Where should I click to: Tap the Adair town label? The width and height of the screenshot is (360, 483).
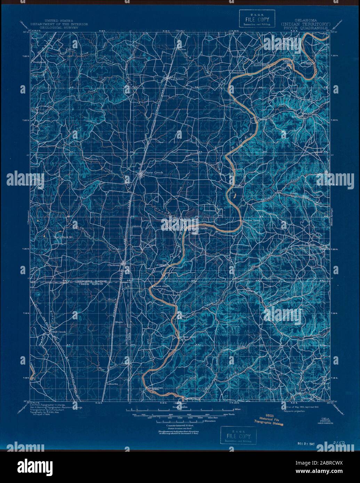pyautogui.click(x=180, y=79)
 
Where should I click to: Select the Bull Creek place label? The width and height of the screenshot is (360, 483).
pyautogui.click(x=58, y=332)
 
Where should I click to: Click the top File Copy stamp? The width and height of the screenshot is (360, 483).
pyautogui.click(x=257, y=19)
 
